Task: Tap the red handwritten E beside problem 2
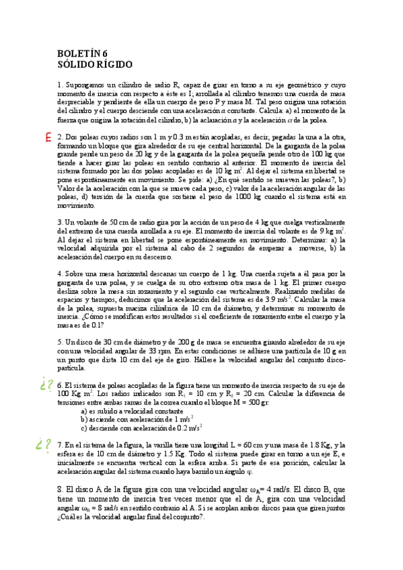(48, 137)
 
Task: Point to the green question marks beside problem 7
(45, 445)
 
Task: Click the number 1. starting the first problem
(61, 85)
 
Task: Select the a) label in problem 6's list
(84, 411)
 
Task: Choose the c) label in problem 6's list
(84, 427)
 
